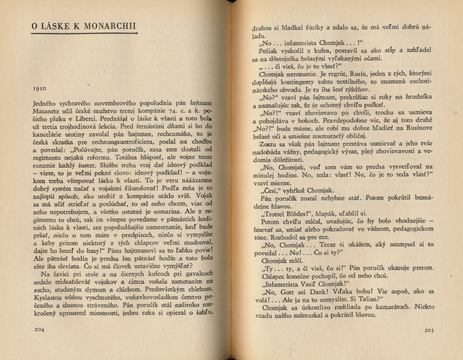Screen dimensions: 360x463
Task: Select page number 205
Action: coord(430,329)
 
